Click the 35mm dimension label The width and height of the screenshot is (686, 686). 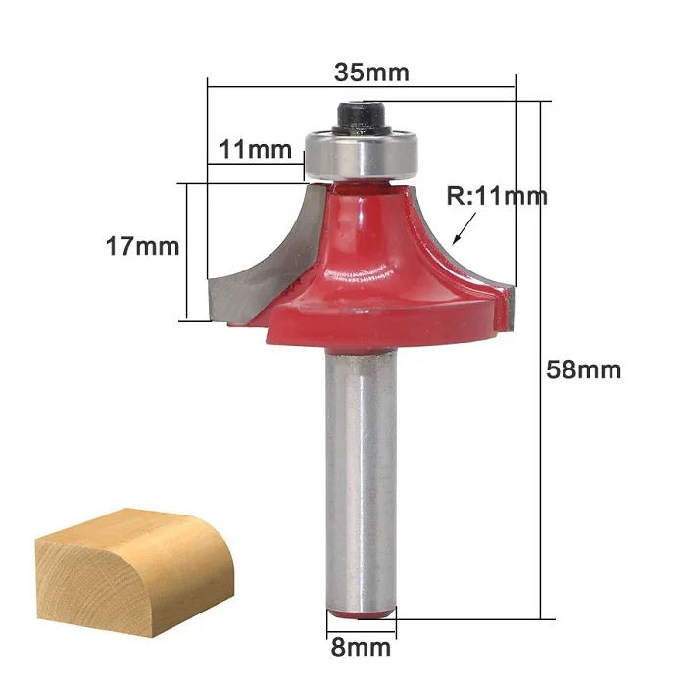pos(371,73)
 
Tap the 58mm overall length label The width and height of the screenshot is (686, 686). pos(584,369)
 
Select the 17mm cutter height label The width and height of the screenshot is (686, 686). pos(143,246)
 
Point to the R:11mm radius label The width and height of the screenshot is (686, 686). pos(497,196)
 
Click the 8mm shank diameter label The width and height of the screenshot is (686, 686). pos(361,647)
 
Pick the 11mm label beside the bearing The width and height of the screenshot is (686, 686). pos(256,150)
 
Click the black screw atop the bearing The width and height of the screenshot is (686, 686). pos(362,117)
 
